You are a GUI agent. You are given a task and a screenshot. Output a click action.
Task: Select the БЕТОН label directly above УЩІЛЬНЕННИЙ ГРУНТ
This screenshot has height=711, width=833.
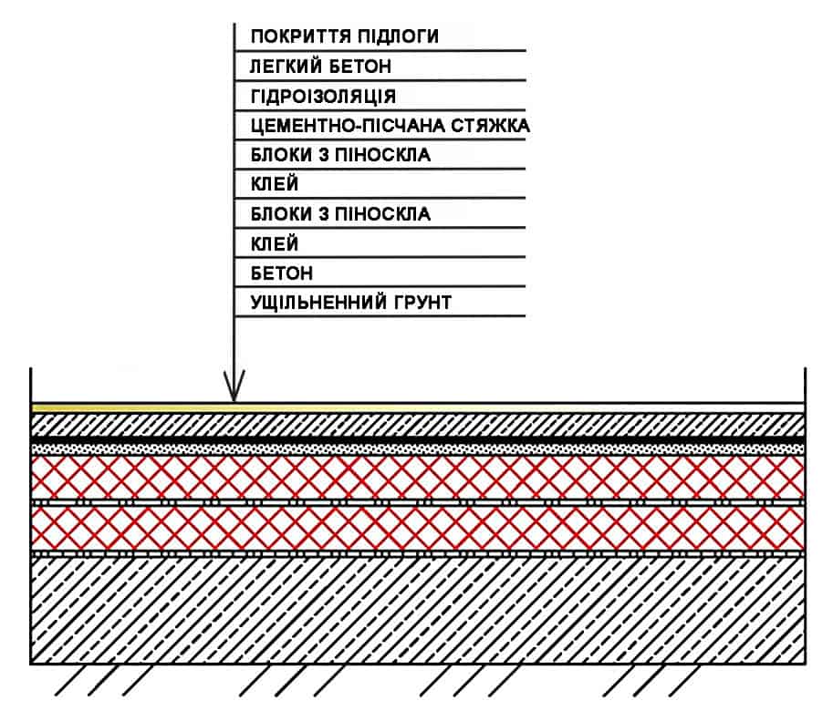pos(282,273)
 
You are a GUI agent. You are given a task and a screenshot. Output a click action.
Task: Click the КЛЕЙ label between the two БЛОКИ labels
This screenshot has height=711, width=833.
pos(274,185)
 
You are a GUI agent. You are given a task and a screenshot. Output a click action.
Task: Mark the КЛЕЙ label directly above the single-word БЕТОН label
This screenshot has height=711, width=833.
pos(274,243)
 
